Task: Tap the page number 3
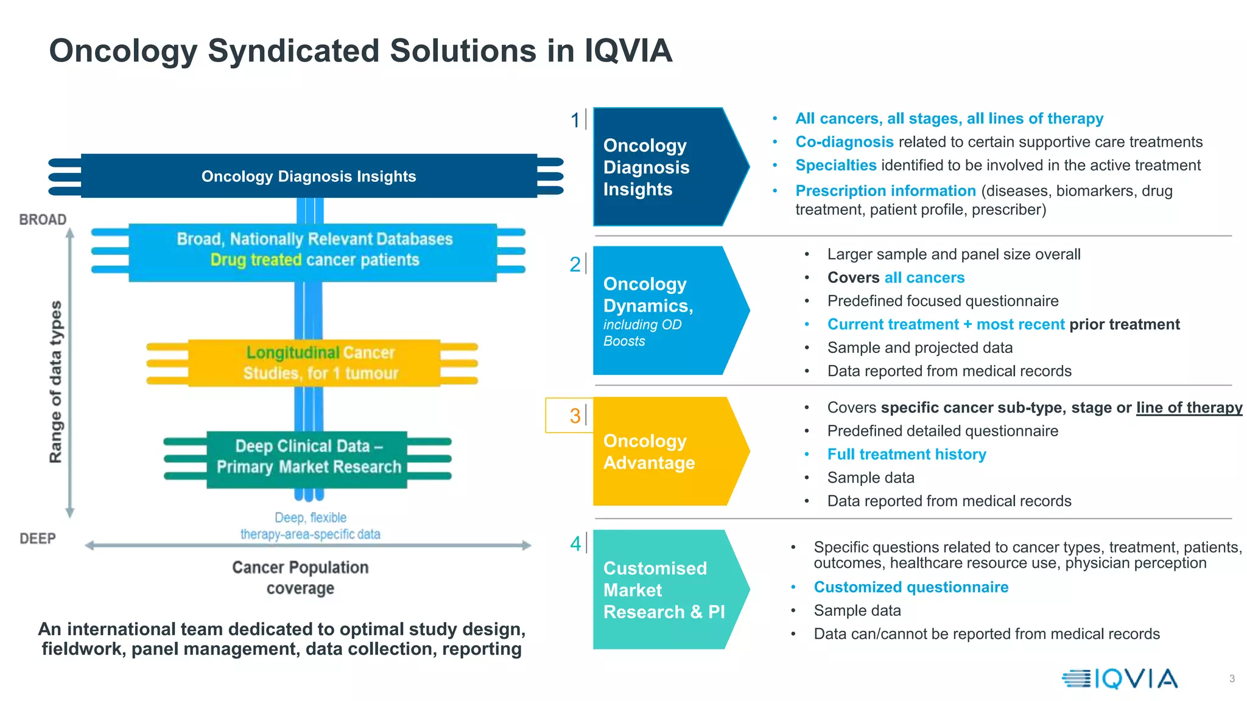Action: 1232,678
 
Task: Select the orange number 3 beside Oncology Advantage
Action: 575,416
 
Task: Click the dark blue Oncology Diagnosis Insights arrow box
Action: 664,167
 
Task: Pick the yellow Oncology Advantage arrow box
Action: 664,452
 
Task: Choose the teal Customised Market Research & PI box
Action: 664,590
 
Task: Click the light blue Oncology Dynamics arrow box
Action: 664,310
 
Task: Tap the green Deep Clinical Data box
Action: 307,458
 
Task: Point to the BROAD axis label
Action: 43,220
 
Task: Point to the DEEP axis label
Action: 38,539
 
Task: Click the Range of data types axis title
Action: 55,382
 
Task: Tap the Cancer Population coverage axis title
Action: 300,577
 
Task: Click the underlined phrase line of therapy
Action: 1189,408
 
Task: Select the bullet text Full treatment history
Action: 906,455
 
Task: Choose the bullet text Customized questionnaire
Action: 911,587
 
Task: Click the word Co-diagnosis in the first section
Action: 844,142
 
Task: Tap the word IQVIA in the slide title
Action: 628,51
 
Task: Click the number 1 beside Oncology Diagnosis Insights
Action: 574,120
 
